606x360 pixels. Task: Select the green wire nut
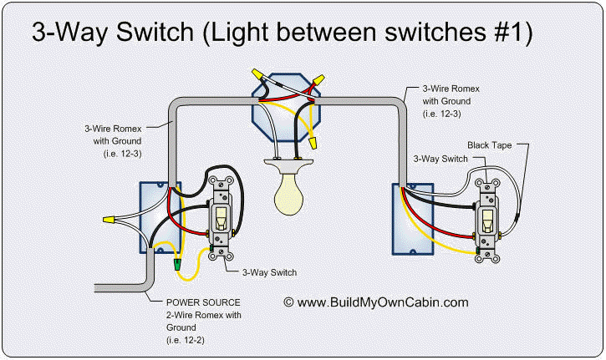click(177, 265)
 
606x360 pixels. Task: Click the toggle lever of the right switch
click(486, 219)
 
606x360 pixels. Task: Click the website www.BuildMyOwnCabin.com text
click(383, 302)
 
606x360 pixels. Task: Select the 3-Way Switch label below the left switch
click(269, 271)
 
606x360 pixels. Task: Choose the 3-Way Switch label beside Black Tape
click(442, 158)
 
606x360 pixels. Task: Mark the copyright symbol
click(289, 302)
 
